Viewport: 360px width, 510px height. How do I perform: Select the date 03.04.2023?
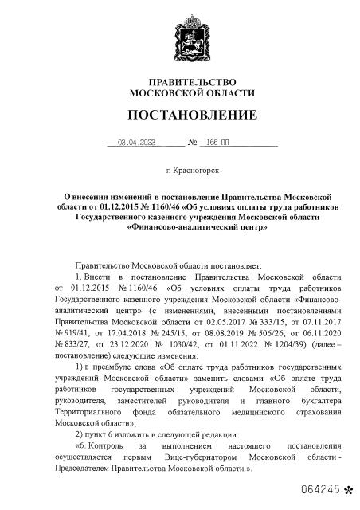(x=135, y=144)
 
